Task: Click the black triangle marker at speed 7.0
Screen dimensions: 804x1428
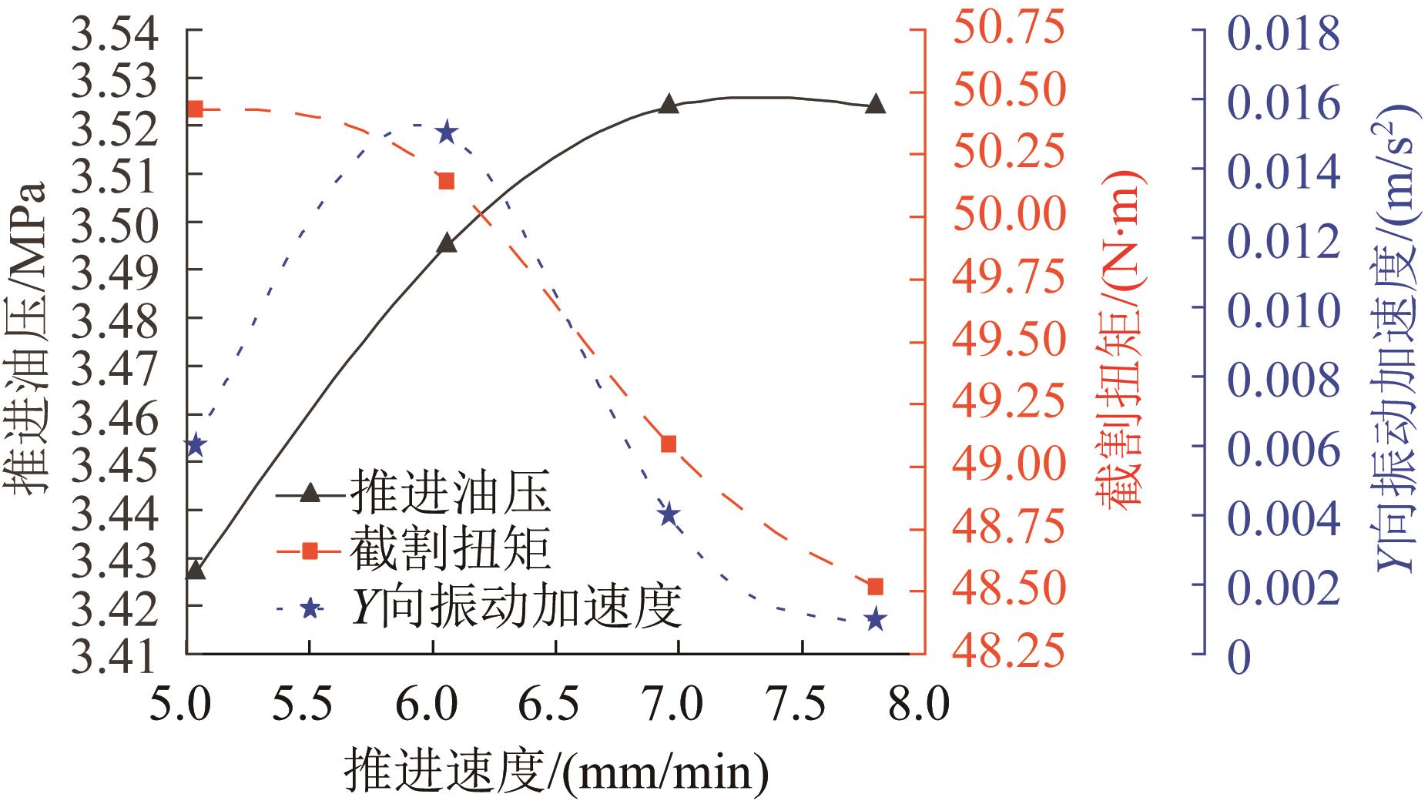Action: click(x=669, y=105)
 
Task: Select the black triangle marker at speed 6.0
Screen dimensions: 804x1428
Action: click(x=446, y=244)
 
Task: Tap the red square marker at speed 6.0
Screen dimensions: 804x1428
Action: click(x=446, y=181)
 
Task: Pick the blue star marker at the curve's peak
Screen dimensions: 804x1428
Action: click(x=446, y=132)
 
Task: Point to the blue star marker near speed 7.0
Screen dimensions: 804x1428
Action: click(x=669, y=514)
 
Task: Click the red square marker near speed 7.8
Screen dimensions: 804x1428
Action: click(x=874, y=587)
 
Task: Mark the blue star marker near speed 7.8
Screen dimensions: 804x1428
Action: click(x=874, y=619)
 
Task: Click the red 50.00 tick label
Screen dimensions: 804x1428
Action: click(x=1009, y=216)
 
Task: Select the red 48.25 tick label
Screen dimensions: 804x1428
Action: click(x=1009, y=653)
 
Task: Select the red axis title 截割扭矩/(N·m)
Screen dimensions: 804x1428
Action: click(x=1121, y=339)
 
